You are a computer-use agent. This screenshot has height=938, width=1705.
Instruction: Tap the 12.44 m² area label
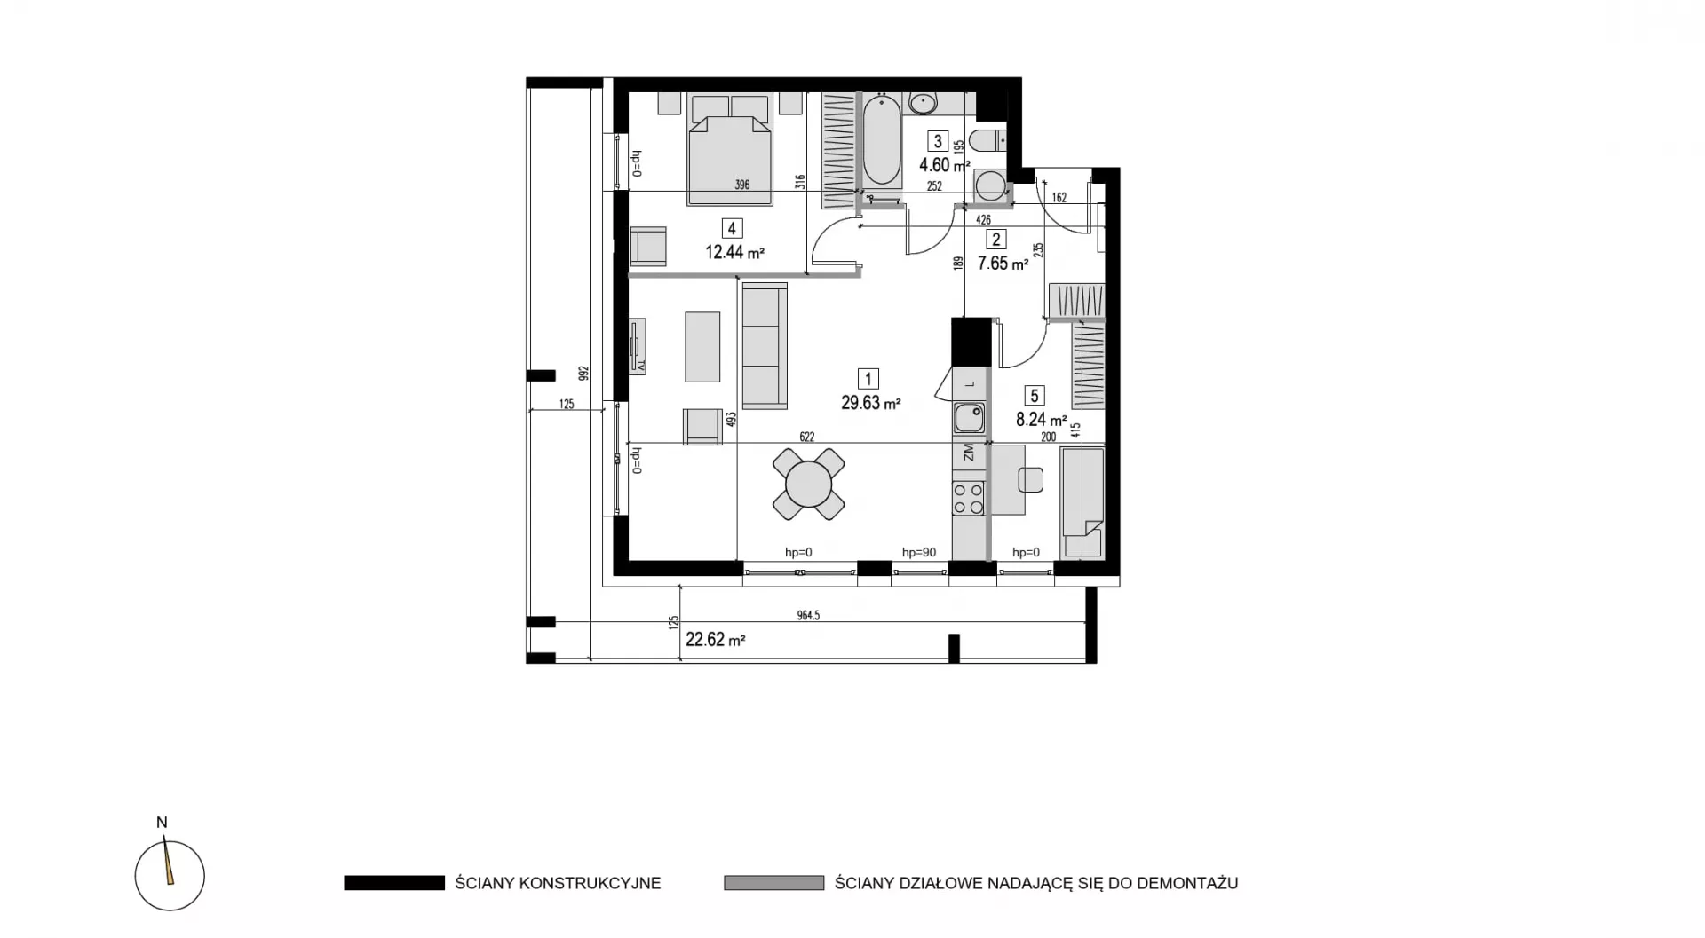point(735,252)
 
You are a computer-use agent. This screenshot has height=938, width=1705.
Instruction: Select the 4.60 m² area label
point(944,165)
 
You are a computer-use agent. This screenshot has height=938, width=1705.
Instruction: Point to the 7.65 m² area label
point(1003,263)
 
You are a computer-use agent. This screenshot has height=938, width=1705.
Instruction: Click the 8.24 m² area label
point(1041,420)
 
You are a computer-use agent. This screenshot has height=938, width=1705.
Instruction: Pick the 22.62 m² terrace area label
point(716,639)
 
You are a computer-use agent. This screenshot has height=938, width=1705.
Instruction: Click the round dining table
point(808,484)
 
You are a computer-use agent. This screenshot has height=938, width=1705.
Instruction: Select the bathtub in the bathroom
point(882,141)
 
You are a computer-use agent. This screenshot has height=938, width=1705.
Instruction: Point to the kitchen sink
point(969,416)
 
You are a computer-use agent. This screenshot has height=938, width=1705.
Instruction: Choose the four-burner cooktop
point(969,499)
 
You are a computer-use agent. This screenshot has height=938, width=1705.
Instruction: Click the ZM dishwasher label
point(969,453)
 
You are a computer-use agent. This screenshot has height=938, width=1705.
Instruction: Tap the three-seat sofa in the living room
point(765,346)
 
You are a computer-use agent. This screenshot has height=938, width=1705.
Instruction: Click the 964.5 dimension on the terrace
point(808,615)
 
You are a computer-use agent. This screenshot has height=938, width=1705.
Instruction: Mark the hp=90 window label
point(919,552)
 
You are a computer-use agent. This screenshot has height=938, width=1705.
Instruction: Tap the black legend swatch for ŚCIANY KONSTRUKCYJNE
point(394,883)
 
